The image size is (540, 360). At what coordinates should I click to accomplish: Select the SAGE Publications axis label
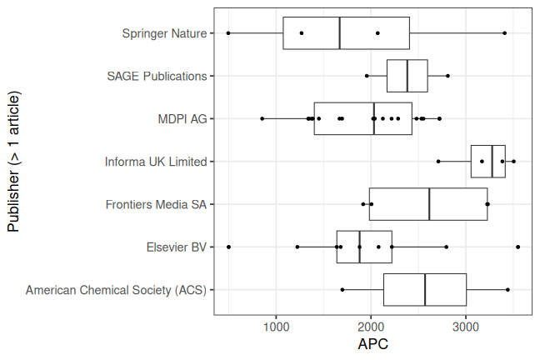tap(157, 76)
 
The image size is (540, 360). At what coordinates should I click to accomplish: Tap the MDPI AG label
tap(182, 118)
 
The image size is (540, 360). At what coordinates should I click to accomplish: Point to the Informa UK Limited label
tap(156, 162)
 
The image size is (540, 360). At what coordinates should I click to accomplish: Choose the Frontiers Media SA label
tap(157, 204)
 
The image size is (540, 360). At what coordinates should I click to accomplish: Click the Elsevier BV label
tap(176, 247)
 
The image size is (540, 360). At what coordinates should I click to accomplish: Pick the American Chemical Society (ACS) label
tap(116, 290)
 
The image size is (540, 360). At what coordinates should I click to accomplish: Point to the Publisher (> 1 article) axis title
tap(13, 162)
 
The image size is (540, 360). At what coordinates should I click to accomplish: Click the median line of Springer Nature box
tap(340, 33)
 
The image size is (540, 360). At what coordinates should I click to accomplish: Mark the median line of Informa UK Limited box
tap(492, 162)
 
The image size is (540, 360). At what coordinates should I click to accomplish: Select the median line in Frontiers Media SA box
tap(429, 204)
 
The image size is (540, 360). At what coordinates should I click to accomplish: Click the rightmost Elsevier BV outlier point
tap(517, 247)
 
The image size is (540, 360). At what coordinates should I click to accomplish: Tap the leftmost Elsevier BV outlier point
tap(228, 247)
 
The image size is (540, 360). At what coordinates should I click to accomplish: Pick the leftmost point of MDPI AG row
tap(262, 118)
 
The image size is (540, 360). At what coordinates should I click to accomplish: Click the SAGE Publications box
tap(407, 76)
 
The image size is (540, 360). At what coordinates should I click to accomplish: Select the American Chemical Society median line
tap(425, 290)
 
